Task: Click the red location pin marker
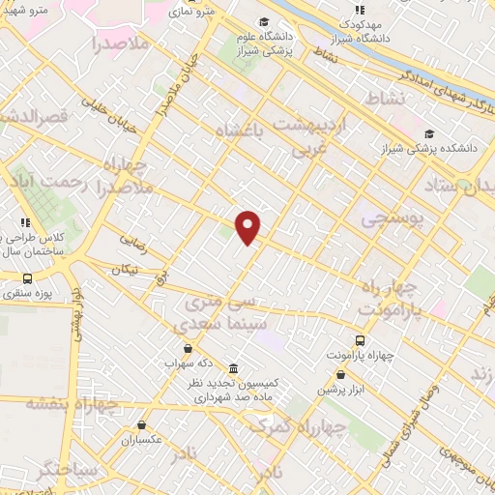pos(248,227)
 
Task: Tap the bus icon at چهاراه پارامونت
pos(361,340)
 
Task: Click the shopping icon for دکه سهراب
pos(188,348)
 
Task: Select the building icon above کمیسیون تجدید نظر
pos(235,369)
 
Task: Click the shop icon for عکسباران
pos(142,424)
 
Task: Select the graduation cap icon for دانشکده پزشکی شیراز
pos(429,133)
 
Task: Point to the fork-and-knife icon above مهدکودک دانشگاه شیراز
pos(360,10)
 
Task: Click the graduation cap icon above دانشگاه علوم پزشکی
pos(265,21)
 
